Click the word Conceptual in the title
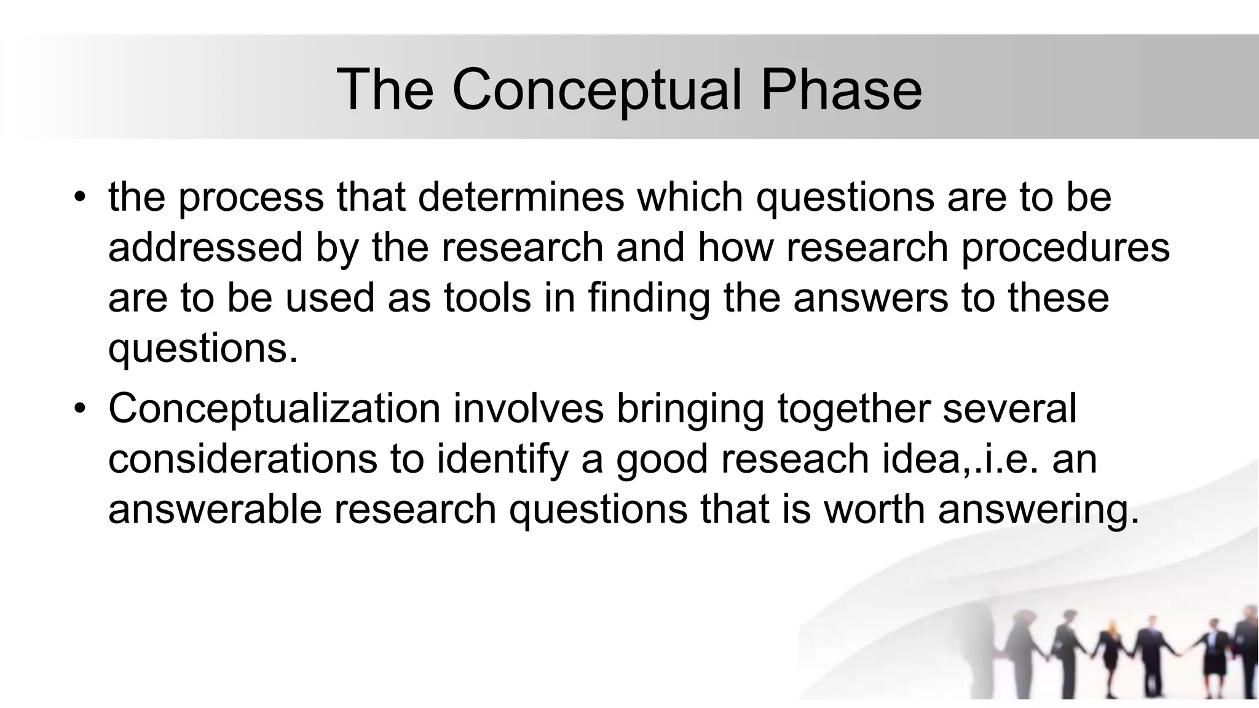pyautogui.click(x=598, y=90)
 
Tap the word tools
pyautogui.click(x=487, y=298)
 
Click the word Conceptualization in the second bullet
pyautogui.click(x=275, y=409)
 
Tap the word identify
pyautogui.click(x=502, y=459)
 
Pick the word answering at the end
pyautogui.click(x=1038, y=509)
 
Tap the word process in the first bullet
pyautogui.click(x=251, y=197)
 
